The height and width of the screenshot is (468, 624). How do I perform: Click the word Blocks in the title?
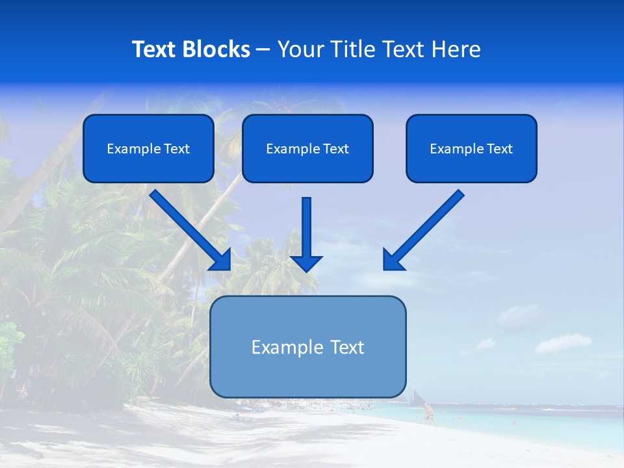point(218,49)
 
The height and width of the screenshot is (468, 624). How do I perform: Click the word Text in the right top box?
point(499,149)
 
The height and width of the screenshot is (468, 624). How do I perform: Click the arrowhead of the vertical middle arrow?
point(307,263)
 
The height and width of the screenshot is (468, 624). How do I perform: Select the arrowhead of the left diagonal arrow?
point(222,261)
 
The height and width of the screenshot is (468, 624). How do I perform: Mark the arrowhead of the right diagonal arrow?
point(392,261)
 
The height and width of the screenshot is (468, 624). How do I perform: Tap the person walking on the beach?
point(428,413)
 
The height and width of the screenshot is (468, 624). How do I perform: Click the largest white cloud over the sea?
point(562,343)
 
